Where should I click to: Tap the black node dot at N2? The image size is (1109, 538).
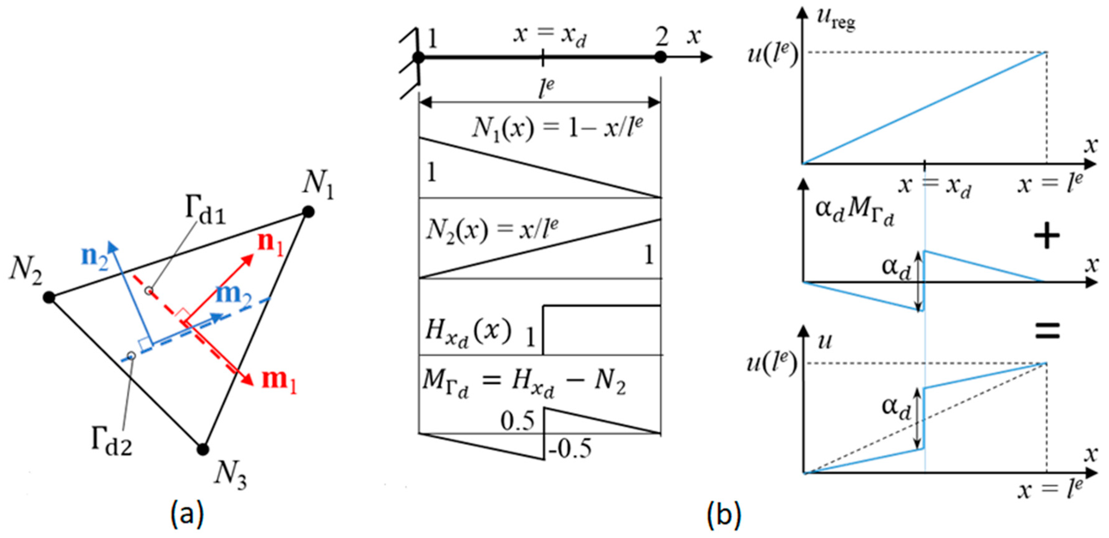click(49, 297)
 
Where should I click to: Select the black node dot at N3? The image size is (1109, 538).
click(203, 449)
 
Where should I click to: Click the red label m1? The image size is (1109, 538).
click(279, 380)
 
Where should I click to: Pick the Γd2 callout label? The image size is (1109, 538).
click(112, 443)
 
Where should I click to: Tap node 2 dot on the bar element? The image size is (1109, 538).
click(660, 57)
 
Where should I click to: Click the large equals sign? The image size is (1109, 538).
click(1047, 331)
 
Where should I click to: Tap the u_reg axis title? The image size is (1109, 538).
click(836, 19)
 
